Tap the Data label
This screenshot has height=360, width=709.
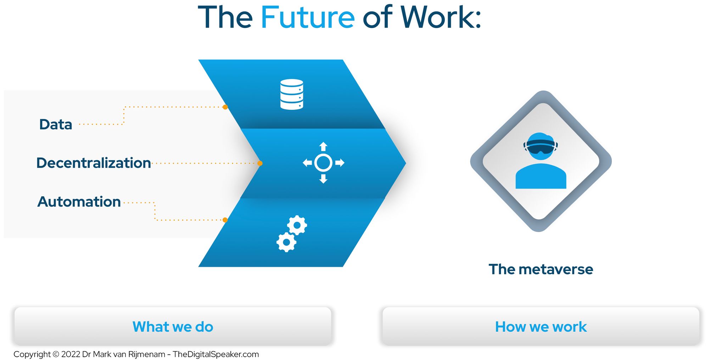coord(56,124)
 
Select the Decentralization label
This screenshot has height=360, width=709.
coord(94,163)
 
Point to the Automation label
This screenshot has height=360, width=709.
coord(79,202)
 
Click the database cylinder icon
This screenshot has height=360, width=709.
coord(292,94)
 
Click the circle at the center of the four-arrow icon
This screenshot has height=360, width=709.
coord(323,163)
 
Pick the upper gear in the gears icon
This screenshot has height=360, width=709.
coord(297,225)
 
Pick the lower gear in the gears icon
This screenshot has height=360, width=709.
coord(286,242)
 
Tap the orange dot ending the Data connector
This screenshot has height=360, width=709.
coord(225,107)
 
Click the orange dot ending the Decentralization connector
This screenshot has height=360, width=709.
coord(260,163)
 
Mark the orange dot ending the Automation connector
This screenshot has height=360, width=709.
coord(225,220)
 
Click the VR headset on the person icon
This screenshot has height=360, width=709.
coord(541,146)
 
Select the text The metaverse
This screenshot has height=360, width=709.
coord(541,269)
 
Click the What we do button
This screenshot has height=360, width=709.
coord(173,326)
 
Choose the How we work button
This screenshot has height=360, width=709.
coord(541,326)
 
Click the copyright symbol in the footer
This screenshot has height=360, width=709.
coord(56,354)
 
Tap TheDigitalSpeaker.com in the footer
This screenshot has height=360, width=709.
coord(216,354)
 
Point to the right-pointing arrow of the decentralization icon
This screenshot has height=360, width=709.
coord(340,163)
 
